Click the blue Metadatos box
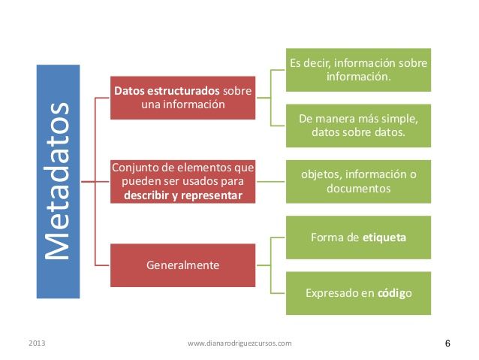click(58, 180)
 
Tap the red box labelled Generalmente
click(182, 265)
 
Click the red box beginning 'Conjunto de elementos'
click(182, 181)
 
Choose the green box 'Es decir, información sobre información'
click(358, 70)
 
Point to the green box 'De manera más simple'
click(358, 126)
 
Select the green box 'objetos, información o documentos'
click(358, 181)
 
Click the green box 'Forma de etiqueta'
click(358, 237)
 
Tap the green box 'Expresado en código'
click(358, 292)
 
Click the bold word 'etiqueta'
click(384, 237)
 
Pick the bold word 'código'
click(393, 292)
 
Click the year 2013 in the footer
click(37, 343)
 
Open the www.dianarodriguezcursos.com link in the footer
click(239, 343)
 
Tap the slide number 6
click(447, 343)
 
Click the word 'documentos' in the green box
click(358, 189)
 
